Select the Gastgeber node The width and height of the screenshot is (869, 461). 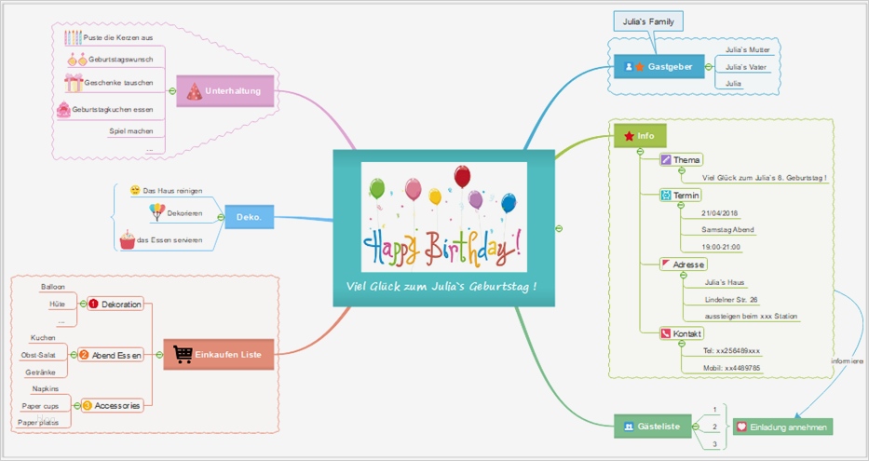click(x=659, y=67)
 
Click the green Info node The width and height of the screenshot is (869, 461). click(x=639, y=136)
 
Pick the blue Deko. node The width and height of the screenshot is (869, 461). click(x=249, y=218)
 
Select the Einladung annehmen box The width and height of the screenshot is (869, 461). click(x=782, y=427)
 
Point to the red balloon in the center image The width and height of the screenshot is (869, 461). click(x=462, y=176)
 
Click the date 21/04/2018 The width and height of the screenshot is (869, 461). click(x=719, y=212)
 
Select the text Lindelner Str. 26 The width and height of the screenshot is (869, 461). click(x=730, y=300)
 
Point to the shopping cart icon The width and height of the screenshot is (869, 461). click(x=183, y=354)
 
